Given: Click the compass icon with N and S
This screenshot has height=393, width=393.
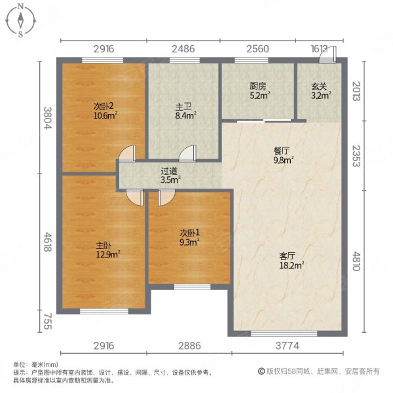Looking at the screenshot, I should click(20, 20).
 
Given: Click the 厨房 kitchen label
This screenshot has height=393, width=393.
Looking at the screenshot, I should click(258, 90).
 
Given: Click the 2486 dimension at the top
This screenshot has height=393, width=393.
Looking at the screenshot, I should click(183, 49).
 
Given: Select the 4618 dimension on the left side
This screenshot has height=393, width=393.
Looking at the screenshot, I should click(47, 240).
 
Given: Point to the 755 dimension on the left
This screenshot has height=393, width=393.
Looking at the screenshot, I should click(47, 321).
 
